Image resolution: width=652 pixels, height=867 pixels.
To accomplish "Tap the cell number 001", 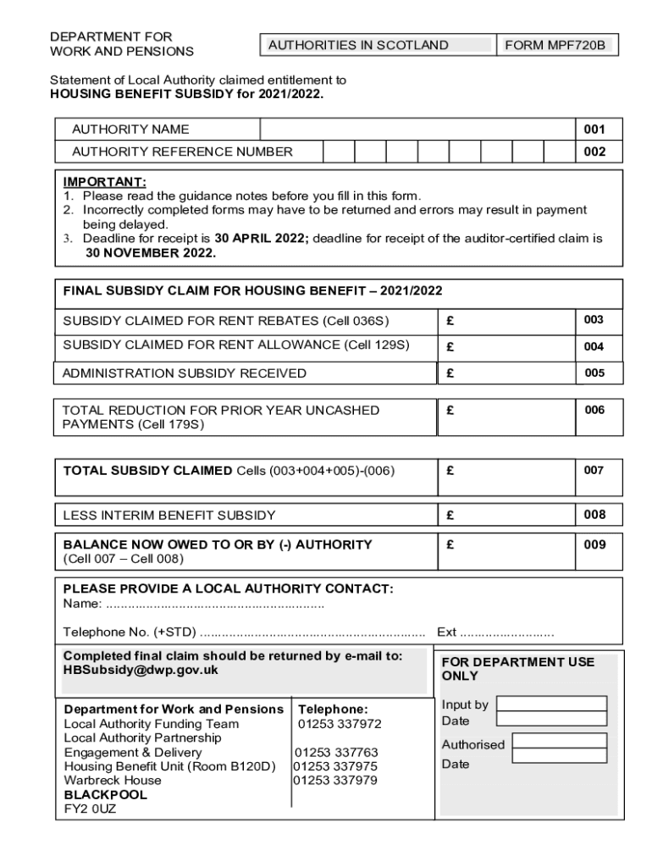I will coord(594,130).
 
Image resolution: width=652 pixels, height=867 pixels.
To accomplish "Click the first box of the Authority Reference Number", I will coord(338,152).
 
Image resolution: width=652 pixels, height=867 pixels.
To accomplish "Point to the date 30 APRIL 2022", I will coord(262,239).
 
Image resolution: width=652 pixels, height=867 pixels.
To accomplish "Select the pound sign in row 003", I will coord(450,322).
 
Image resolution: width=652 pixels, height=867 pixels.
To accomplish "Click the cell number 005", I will coord(594,373).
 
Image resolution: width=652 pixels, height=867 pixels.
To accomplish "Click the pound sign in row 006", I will coord(450,410).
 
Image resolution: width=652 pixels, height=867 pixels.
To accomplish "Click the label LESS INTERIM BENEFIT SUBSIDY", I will coord(169,515).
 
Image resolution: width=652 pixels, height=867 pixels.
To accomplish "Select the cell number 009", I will coord(594,544).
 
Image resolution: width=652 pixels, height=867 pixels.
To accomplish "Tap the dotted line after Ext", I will coord(508,632).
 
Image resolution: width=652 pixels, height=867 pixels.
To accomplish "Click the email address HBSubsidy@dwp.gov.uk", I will coord(141,670).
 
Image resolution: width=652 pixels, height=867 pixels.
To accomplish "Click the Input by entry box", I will coord(551,704).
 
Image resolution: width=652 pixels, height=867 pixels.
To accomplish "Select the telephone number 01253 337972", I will coord(339,724).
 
